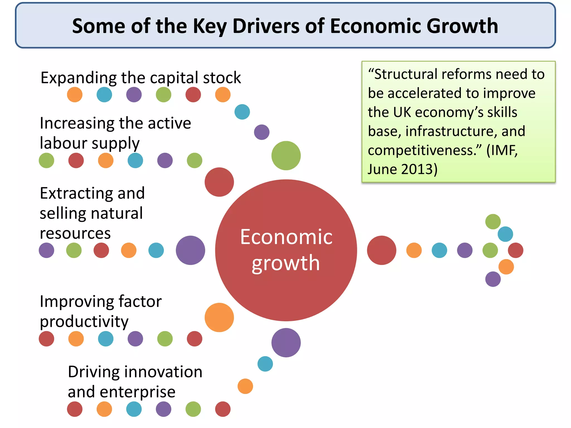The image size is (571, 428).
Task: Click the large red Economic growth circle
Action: pyautogui.click(x=286, y=250)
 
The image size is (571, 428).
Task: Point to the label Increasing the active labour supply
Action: pyautogui.click(x=115, y=133)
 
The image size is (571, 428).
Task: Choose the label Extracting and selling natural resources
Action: pyautogui.click(x=92, y=213)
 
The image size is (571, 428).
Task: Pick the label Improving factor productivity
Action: pyautogui.click(x=100, y=311)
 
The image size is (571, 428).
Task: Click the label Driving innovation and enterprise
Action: pyautogui.click(x=135, y=381)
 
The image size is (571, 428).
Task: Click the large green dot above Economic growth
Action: pyautogui.click(x=286, y=155)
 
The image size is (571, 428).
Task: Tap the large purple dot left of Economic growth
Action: pyautogui.click(x=190, y=250)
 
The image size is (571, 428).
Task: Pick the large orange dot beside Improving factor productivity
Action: pyautogui.click(x=219, y=317)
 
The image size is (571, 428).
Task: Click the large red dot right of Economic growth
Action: pyautogui.click(x=381, y=250)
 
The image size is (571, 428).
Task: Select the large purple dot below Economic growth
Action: pyautogui.click(x=286, y=343)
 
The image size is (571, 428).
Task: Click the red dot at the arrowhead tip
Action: pyautogui.click(x=516, y=250)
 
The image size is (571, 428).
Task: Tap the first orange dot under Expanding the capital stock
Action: pyautogui.click(x=75, y=95)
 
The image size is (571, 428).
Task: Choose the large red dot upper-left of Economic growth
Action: pyautogui.click(x=219, y=182)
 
